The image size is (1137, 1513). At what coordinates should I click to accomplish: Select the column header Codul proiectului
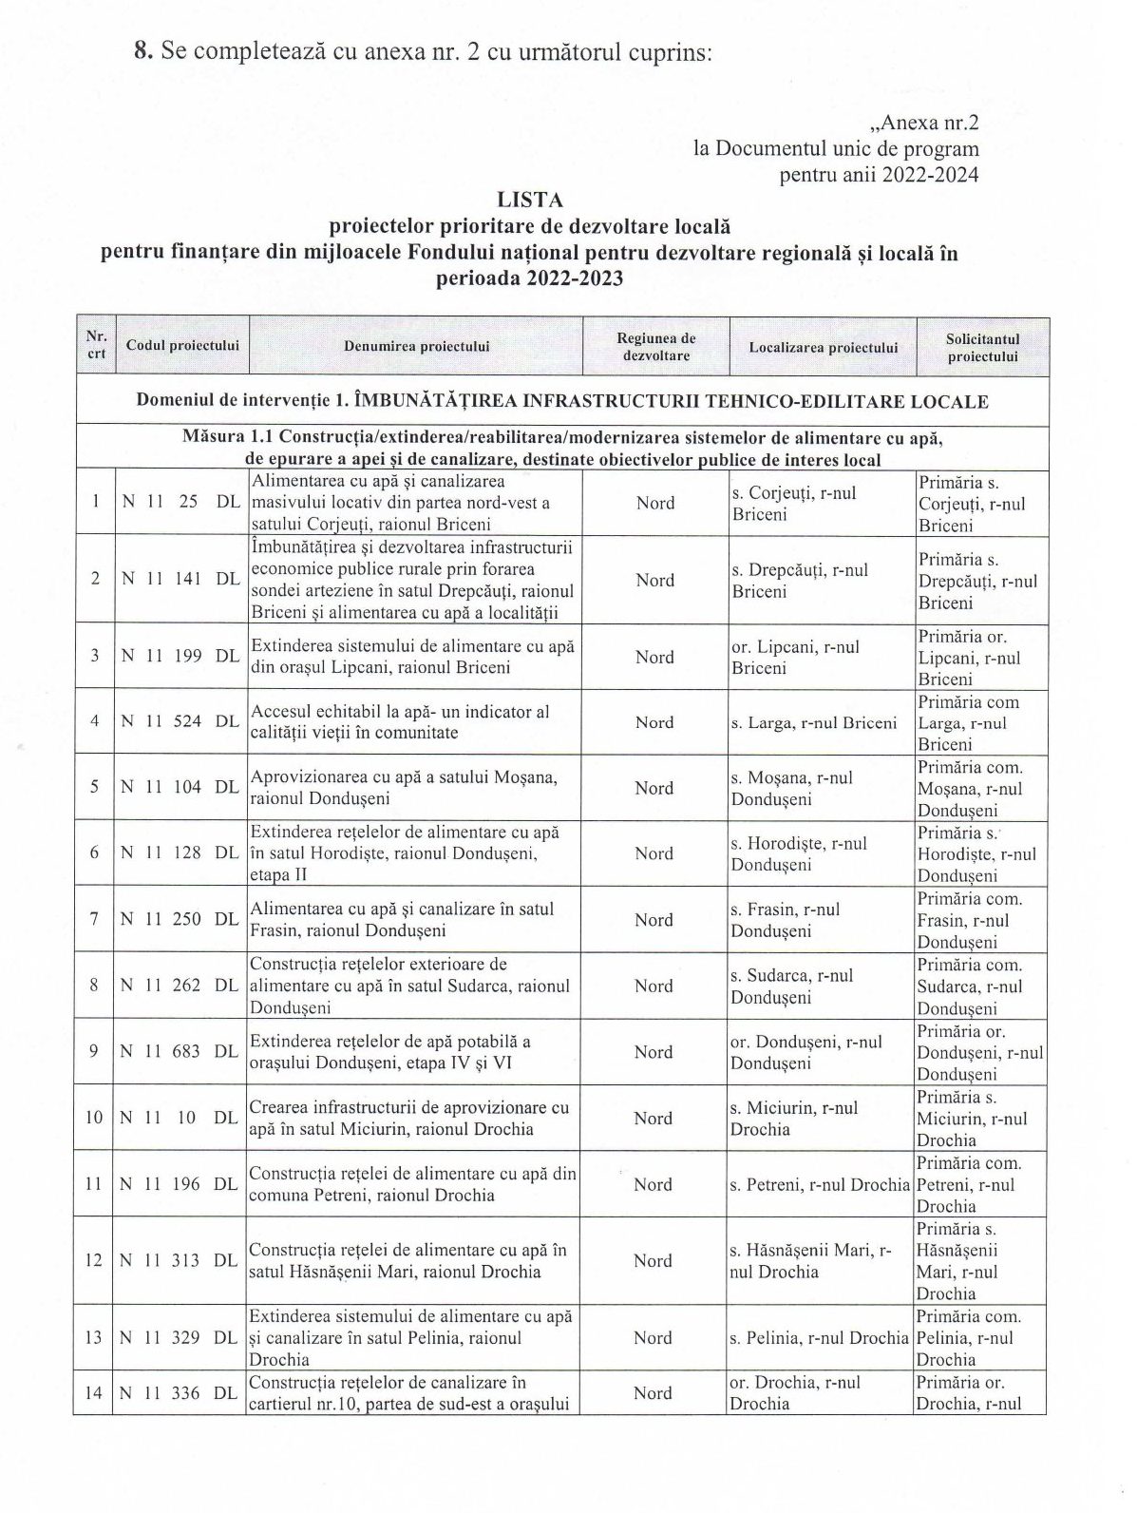tap(182, 346)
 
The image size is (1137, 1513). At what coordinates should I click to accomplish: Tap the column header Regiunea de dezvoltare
tap(655, 347)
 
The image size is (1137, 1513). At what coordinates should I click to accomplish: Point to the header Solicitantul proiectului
tap(982, 347)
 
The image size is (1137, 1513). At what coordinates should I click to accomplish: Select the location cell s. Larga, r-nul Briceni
tap(814, 723)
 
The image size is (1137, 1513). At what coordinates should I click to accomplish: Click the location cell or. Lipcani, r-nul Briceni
tap(795, 657)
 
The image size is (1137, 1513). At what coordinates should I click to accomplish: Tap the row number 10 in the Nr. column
tap(94, 1118)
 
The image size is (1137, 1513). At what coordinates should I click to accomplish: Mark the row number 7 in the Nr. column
tap(94, 920)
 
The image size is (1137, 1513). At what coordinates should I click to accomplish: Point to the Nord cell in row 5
tap(654, 788)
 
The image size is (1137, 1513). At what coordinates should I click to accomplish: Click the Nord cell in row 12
tap(653, 1260)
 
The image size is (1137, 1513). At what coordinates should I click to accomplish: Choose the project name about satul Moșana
tap(403, 788)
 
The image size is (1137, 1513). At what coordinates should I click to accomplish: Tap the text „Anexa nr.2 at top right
tap(923, 123)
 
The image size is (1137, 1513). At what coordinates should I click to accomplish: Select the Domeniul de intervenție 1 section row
tap(561, 401)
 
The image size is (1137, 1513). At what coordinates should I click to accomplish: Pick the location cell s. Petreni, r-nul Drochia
tap(820, 1185)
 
